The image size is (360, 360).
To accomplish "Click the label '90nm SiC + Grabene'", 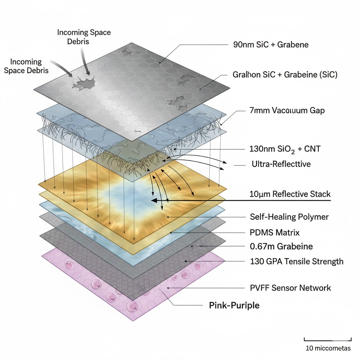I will coord(271,45).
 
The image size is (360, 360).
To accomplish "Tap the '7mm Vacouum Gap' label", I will coord(284,111).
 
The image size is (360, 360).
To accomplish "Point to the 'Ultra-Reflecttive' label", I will coord(281,164).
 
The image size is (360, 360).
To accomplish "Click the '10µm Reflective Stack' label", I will coord(290,194).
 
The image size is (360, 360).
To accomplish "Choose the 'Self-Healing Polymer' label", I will coord(289,217).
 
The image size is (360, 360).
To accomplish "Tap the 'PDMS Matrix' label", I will coord(275,232).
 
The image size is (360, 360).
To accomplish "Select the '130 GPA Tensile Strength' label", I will coord(296,261).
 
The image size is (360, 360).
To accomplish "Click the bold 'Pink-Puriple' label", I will coord(234,305).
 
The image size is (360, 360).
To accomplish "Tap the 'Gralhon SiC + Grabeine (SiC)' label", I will coord(285,75).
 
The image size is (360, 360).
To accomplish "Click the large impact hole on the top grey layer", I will coord(84,84).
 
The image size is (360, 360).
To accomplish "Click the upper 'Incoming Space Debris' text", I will coord(84,37).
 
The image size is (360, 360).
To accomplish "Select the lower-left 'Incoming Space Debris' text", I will coord(26,66).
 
